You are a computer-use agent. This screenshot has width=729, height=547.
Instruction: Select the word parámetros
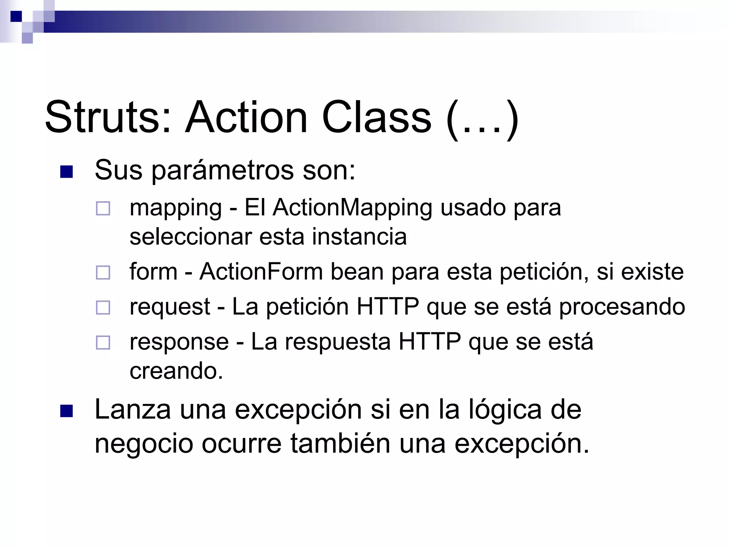coord(223,171)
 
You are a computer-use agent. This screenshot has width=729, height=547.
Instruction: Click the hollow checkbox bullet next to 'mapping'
coord(103,208)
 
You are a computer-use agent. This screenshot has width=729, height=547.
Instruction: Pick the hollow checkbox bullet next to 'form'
coord(103,273)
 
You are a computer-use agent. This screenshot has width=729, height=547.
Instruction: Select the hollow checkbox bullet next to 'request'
coord(103,308)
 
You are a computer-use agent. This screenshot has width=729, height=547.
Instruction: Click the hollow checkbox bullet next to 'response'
coord(103,343)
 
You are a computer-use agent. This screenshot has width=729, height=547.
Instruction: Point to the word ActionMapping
coord(352,208)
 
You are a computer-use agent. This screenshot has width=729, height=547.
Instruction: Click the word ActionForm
coord(261,272)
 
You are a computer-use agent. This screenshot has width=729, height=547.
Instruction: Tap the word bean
coord(357,272)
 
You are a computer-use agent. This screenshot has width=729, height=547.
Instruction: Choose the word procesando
coord(622,307)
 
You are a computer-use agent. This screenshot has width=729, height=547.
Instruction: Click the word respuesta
coord(338,342)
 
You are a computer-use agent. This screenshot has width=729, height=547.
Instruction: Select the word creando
coord(176,371)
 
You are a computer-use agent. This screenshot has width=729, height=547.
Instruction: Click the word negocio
coord(144,444)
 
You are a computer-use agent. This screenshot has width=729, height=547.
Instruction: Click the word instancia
coord(359,237)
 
